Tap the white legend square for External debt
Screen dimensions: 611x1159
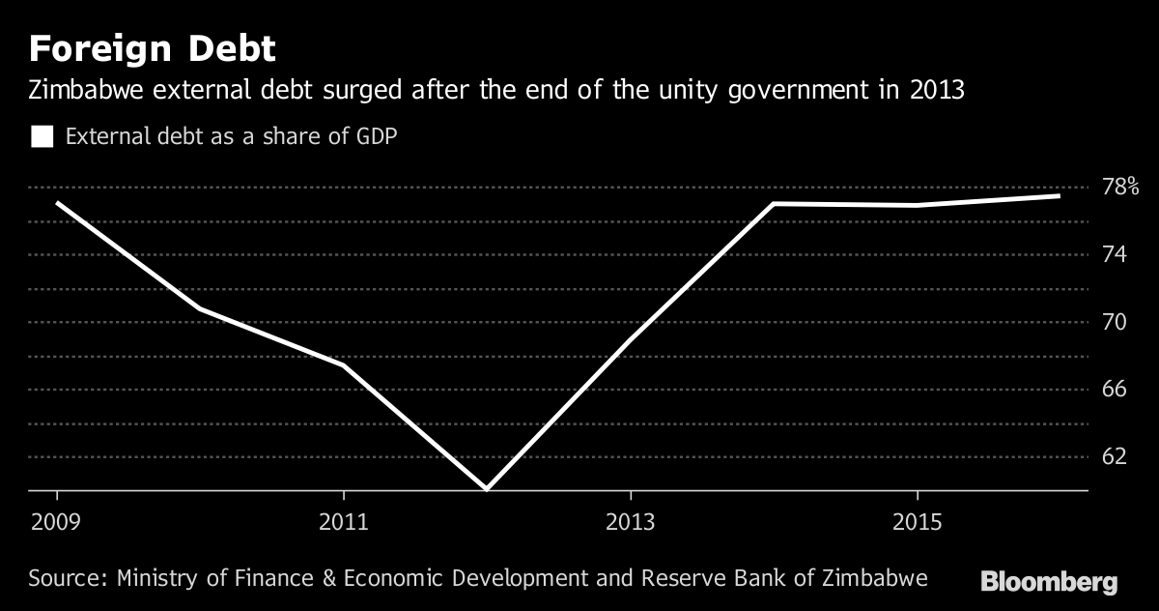pyautogui.click(x=42, y=136)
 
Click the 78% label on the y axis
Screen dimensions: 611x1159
pyautogui.click(x=1120, y=187)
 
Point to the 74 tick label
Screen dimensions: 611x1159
pyautogui.click(x=1114, y=254)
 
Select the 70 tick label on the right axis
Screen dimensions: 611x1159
pyautogui.click(x=1114, y=321)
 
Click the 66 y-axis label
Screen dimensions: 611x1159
pyautogui.click(x=1114, y=389)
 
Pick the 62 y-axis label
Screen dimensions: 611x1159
pyautogui.click(x=1114, y=455)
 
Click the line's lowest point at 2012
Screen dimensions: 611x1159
pyautogui.click(x=487, y=489)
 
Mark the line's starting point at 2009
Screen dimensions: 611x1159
pyautogui.click(x=57, y=203)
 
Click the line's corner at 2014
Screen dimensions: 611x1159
pyautogui.click(x=774, y=204)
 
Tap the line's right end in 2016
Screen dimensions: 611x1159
pyautogui.click(x=1060, y=196)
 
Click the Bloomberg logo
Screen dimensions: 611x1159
pyautogui.click(x=1049, y=582)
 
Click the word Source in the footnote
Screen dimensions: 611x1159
pyautogui.click(x=68, y=579)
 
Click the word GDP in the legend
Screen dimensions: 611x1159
pyautogui.click(x=375, y=136)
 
